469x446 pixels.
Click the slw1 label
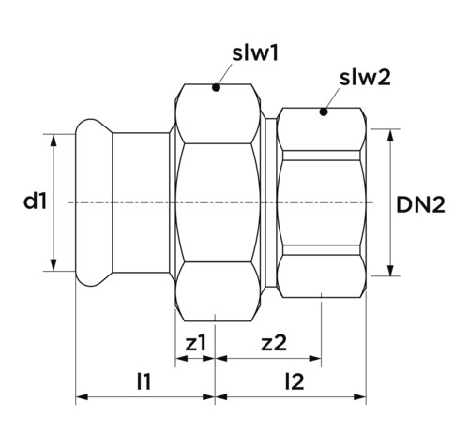255,53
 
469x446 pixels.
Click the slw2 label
365,78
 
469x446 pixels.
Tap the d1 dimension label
36,201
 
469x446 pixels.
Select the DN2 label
420,205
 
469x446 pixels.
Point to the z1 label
196,343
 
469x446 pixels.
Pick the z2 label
274,343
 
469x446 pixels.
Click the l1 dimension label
144,381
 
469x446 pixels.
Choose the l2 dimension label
295,381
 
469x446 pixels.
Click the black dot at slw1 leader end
216,87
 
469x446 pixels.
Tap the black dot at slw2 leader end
324,111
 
